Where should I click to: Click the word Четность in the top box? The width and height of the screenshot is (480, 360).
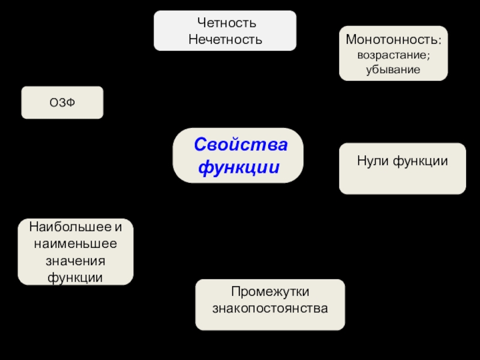pos(225,23)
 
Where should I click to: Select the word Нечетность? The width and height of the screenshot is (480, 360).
pos(225,40)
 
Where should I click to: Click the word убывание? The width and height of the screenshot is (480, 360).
pos(393,69)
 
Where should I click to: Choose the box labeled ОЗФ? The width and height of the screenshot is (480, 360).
pos(62,103)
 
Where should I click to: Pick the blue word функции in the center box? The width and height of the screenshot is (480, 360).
pos(239,166)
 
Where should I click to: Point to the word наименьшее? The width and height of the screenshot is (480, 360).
pos(76,245)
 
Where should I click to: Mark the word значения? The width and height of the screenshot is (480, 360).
pos(76,262)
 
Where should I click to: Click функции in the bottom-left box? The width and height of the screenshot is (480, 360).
pos(76,278)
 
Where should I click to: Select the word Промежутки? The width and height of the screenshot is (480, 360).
pos(270,292)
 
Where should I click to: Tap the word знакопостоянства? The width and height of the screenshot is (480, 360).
pos(270,309)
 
